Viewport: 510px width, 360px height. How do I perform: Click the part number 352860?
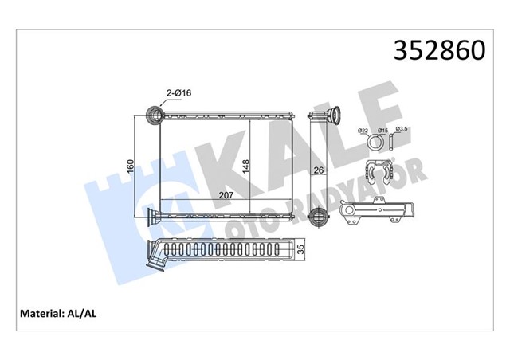(439, 51)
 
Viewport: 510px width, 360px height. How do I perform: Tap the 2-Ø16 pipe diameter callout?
(178, 93)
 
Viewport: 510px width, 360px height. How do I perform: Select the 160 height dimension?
(130, 166)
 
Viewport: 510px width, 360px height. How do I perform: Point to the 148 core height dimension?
(245, 166)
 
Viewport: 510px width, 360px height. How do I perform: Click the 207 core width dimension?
(226, 195)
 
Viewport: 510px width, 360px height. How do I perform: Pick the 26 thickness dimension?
(319, 170)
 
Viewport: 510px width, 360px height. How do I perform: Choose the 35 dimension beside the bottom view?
(301, 249)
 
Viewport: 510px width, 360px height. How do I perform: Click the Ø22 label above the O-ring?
(363, 131)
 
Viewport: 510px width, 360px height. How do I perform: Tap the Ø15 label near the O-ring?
(382, 131)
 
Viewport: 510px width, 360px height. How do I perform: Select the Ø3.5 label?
(402, 129)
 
